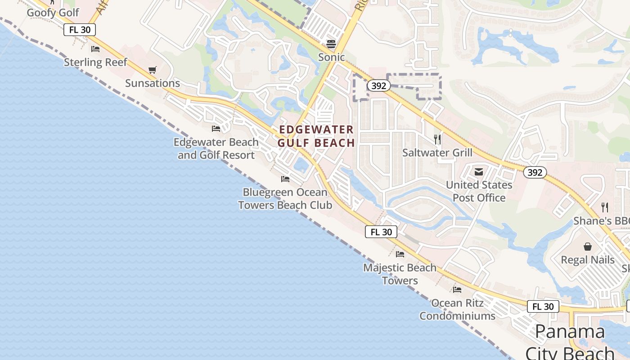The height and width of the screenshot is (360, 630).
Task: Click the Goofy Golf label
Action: click(53, 13)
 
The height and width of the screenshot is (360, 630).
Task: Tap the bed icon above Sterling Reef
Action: click(95, 49)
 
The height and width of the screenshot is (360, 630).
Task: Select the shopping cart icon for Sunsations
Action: click(152, 70)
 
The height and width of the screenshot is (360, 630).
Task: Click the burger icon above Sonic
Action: click(331, 44)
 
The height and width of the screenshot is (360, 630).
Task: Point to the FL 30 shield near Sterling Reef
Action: click(80, 30)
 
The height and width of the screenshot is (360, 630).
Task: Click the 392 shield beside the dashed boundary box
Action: click(378, 85)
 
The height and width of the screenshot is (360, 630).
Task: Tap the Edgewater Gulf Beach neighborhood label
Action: click(316, 136)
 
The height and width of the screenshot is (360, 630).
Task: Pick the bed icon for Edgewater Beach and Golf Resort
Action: click(216, 129)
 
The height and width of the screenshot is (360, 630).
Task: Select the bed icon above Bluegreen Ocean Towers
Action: click(285, 179)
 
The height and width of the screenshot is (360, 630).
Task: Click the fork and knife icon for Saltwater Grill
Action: click(437, 139)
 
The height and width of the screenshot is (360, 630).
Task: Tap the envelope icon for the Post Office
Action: click(478, 171)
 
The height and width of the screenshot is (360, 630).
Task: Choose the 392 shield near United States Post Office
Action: click(535, 172)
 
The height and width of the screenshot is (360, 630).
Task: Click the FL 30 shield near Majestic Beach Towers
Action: click(381, 232)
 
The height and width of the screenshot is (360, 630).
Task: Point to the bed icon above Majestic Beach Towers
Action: click(400, 254)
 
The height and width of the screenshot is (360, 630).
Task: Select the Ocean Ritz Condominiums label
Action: click(457, 310)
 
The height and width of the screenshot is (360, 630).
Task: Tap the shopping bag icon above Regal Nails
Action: click(588, 247)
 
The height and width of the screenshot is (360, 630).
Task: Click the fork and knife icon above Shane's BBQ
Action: click(605, 207)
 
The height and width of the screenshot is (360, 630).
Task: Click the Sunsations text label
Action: click(153, 83)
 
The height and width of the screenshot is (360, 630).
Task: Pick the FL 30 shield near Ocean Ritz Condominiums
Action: click(543, 306)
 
